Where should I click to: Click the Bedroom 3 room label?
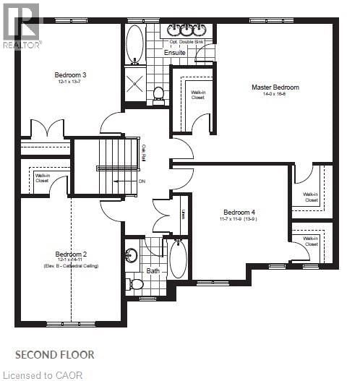70,75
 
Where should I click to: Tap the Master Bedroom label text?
275,87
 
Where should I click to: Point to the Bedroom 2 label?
71,254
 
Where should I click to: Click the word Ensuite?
174,53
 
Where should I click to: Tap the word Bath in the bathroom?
153,272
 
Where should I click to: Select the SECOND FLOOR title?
55,354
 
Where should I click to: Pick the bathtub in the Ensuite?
135,44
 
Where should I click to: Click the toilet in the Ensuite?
158,93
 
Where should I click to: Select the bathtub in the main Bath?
177,259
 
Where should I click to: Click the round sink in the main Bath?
132,255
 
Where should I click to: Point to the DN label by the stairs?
142,182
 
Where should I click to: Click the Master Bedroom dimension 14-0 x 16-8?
275,95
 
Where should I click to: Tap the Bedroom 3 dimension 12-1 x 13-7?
70,82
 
